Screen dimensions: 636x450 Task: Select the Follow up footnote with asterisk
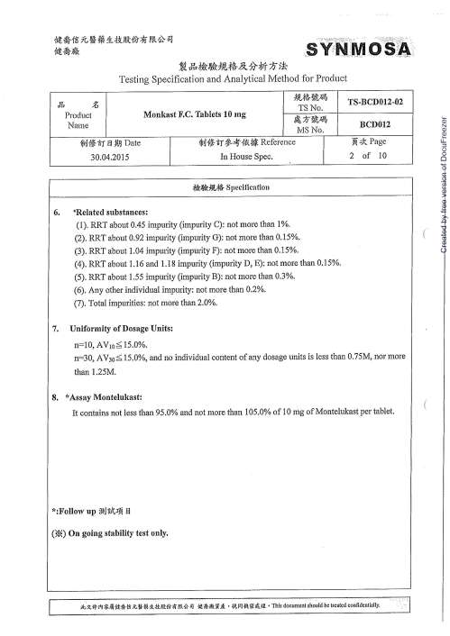coord(94,511)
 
